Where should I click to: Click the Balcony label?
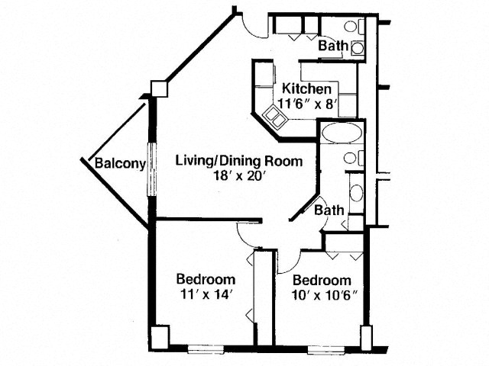coord(120,163)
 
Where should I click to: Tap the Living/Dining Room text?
coord(239,161)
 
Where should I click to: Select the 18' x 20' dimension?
coord(239,176)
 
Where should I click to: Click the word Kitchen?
coord(306,88)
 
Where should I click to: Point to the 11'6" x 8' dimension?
coord(308,104)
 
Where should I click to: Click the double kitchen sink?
coord(274,117)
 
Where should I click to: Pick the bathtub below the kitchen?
coord(342,133)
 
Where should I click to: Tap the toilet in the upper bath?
coord(355,27)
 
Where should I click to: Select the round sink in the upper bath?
coord(358,48)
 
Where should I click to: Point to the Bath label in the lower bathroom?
coord(329,210)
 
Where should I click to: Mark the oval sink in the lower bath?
coord(356,193)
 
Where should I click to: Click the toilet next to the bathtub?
coord(354,158)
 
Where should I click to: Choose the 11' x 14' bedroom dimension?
coord(206,294)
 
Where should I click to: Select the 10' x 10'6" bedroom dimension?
coord(324,295)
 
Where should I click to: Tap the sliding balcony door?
coord(151,169)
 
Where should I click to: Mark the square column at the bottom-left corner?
coord(159,337)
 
